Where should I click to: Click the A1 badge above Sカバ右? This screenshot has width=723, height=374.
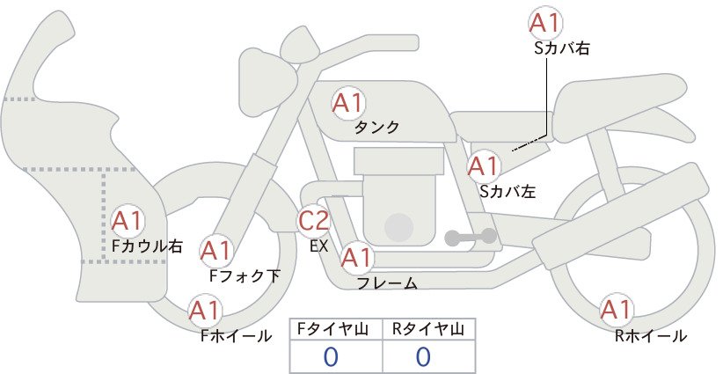[545, 23]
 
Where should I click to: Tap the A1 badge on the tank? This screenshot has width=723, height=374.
[348, 103]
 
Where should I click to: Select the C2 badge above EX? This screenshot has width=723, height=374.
[313, 220]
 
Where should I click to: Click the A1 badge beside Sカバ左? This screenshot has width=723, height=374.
[484, 166]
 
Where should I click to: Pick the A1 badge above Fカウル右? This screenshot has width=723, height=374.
[128, 222]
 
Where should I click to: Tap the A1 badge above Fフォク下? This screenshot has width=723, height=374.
[215, 252]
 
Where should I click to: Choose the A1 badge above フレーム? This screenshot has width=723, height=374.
[357, 258]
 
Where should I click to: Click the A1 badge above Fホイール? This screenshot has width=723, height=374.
[205, 311]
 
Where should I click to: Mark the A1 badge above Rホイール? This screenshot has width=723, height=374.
[616, 310]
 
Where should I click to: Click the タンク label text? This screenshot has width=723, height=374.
[376, 128]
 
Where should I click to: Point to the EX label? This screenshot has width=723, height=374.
[319, 246]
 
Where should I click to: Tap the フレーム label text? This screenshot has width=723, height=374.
[387, 283]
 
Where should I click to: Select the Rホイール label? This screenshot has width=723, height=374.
[651, 336]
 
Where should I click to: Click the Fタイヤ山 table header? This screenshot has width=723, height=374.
[332, 329]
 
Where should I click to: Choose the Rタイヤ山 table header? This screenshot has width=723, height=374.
[428, 329]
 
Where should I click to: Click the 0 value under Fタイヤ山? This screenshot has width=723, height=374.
[331, 356]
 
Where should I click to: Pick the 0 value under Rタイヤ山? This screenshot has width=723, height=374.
[423, 356]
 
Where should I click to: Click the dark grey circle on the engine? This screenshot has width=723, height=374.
[398, 227]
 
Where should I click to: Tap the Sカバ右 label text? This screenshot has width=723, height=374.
[562, 48]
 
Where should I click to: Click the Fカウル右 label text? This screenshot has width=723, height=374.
[148, 246]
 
